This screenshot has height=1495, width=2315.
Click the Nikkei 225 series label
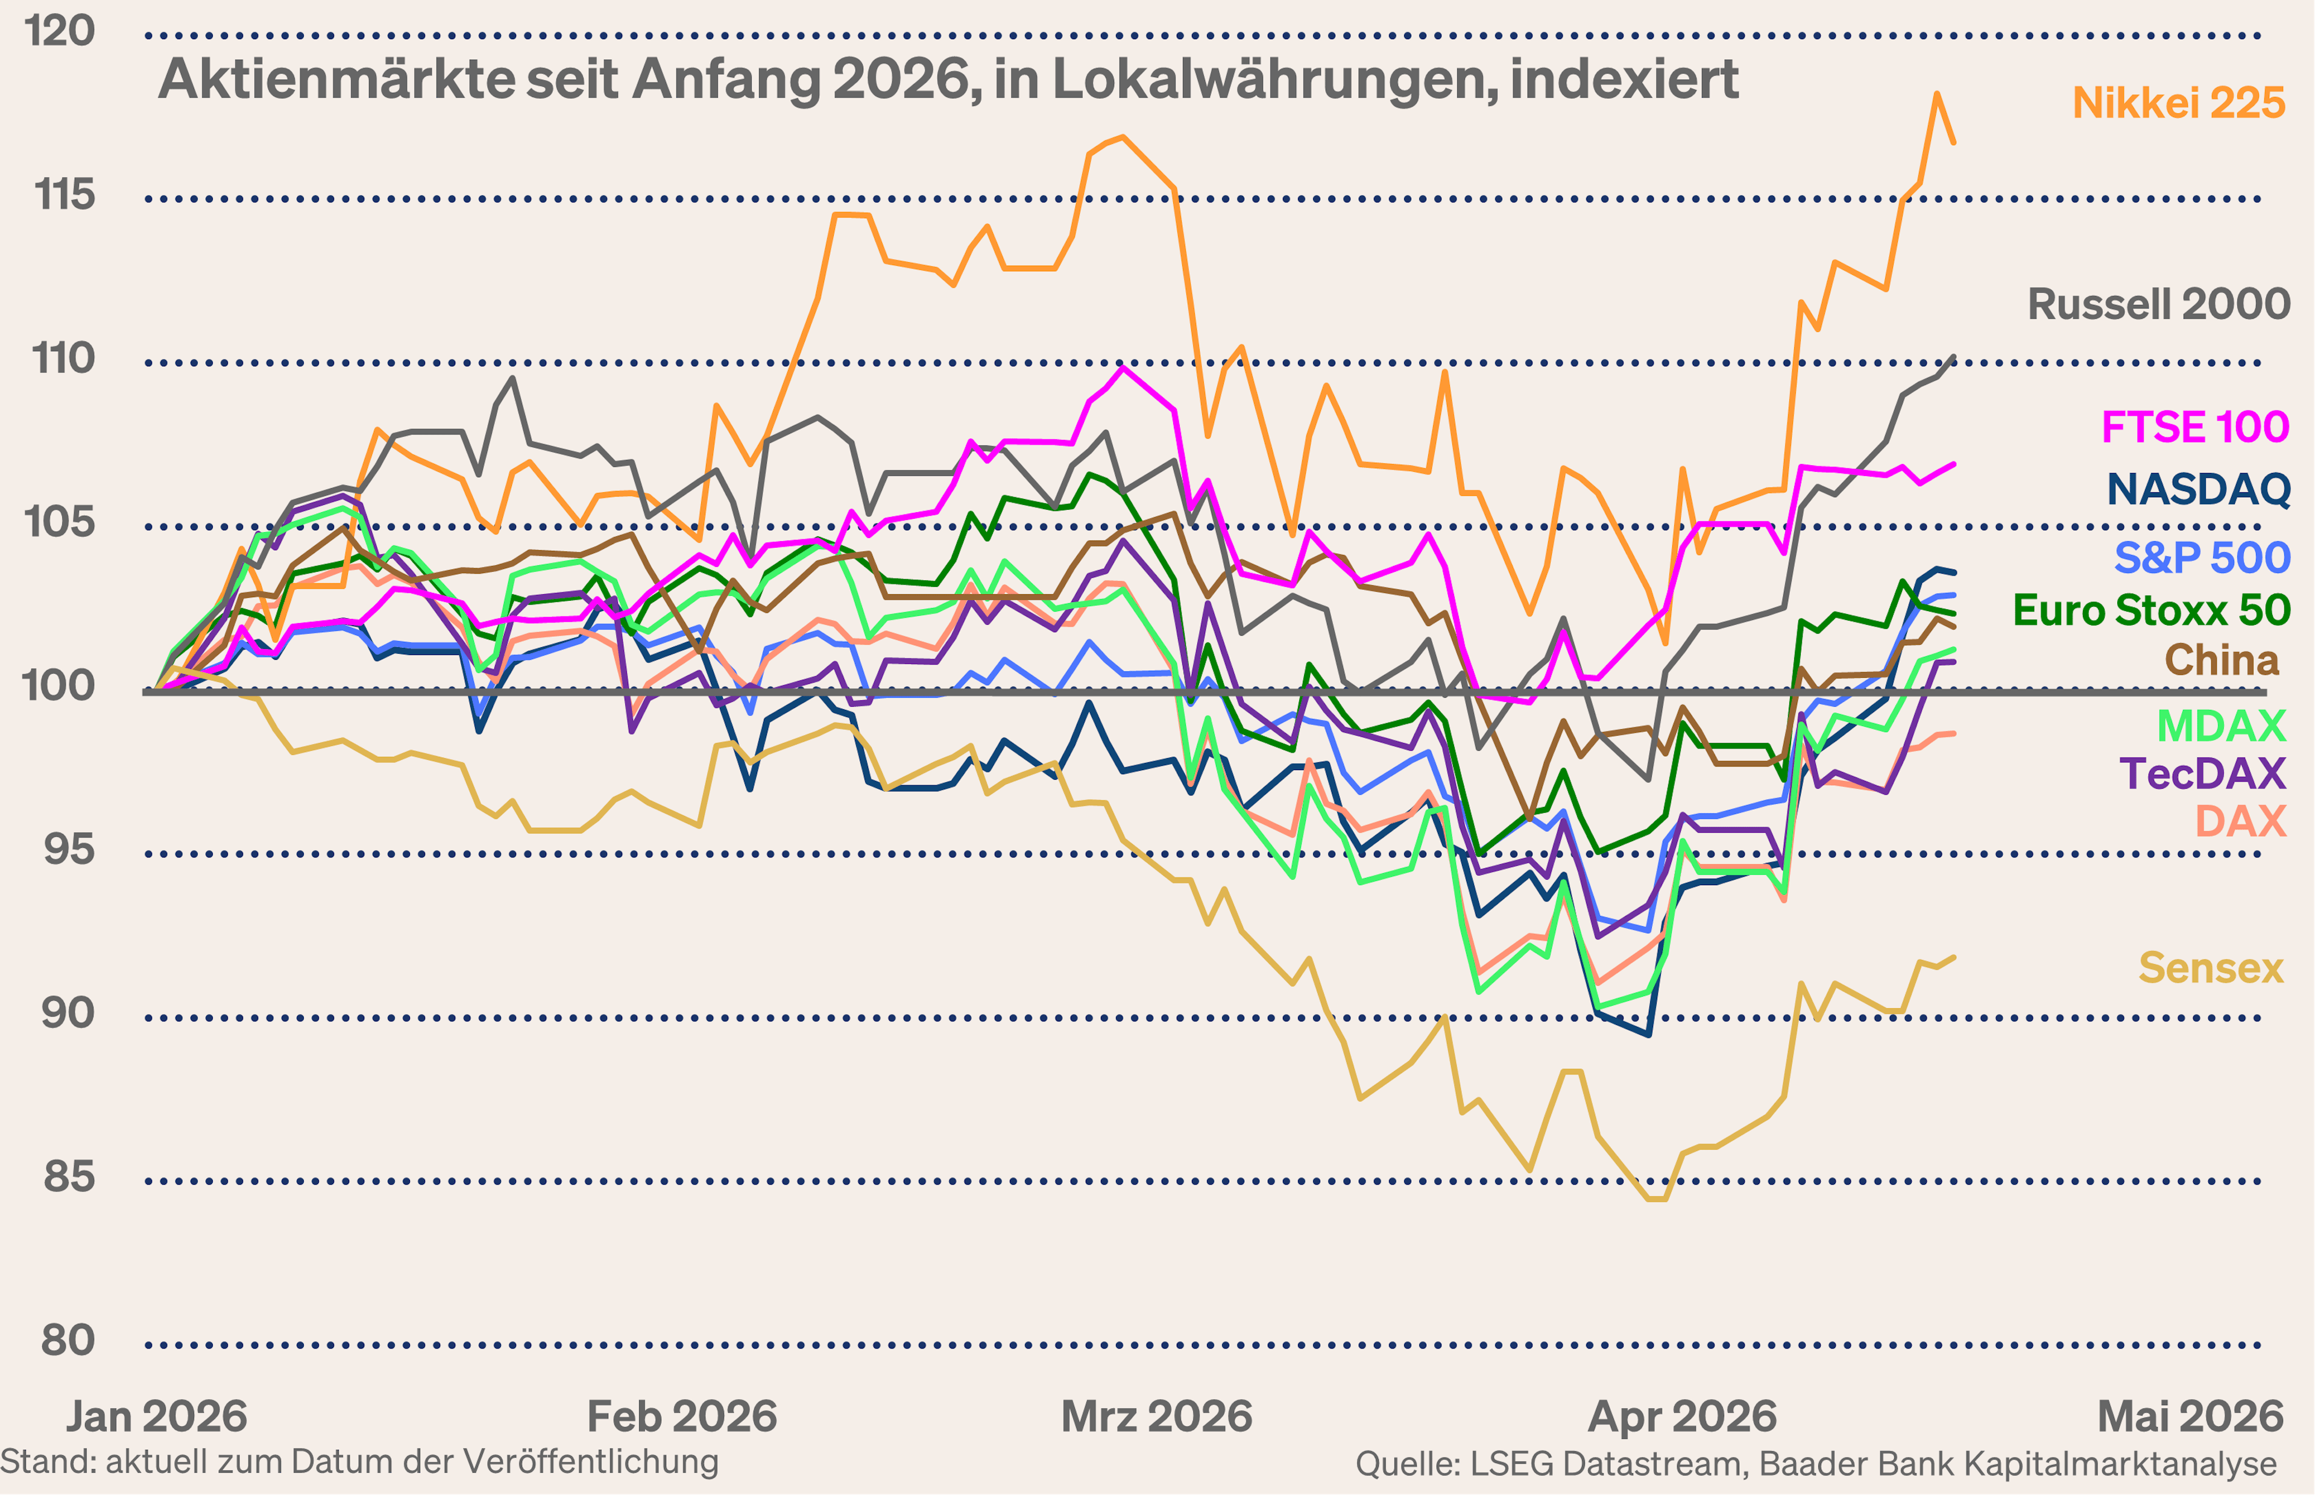[x=2178, y=103]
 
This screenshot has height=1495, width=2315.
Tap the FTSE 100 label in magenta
[x=2194, y=427]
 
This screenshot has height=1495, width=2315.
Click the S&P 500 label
[x=2202, y=558]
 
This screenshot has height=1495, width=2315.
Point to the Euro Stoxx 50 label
[x=2151, y=610]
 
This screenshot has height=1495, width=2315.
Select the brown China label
[x=2221, y=660]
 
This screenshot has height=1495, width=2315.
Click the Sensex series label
[x=2210, y=968]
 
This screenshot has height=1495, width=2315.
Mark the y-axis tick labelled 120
[x=60, y=31]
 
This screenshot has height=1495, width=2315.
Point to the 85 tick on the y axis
[x=68, y=1177]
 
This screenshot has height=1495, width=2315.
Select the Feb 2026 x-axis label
[x=682, y=1417]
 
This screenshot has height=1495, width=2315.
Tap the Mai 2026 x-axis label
[x=2190, y=1417]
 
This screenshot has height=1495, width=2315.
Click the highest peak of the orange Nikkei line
[x=1936, y=94]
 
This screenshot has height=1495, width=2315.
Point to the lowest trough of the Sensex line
[x=1657, y=1199]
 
